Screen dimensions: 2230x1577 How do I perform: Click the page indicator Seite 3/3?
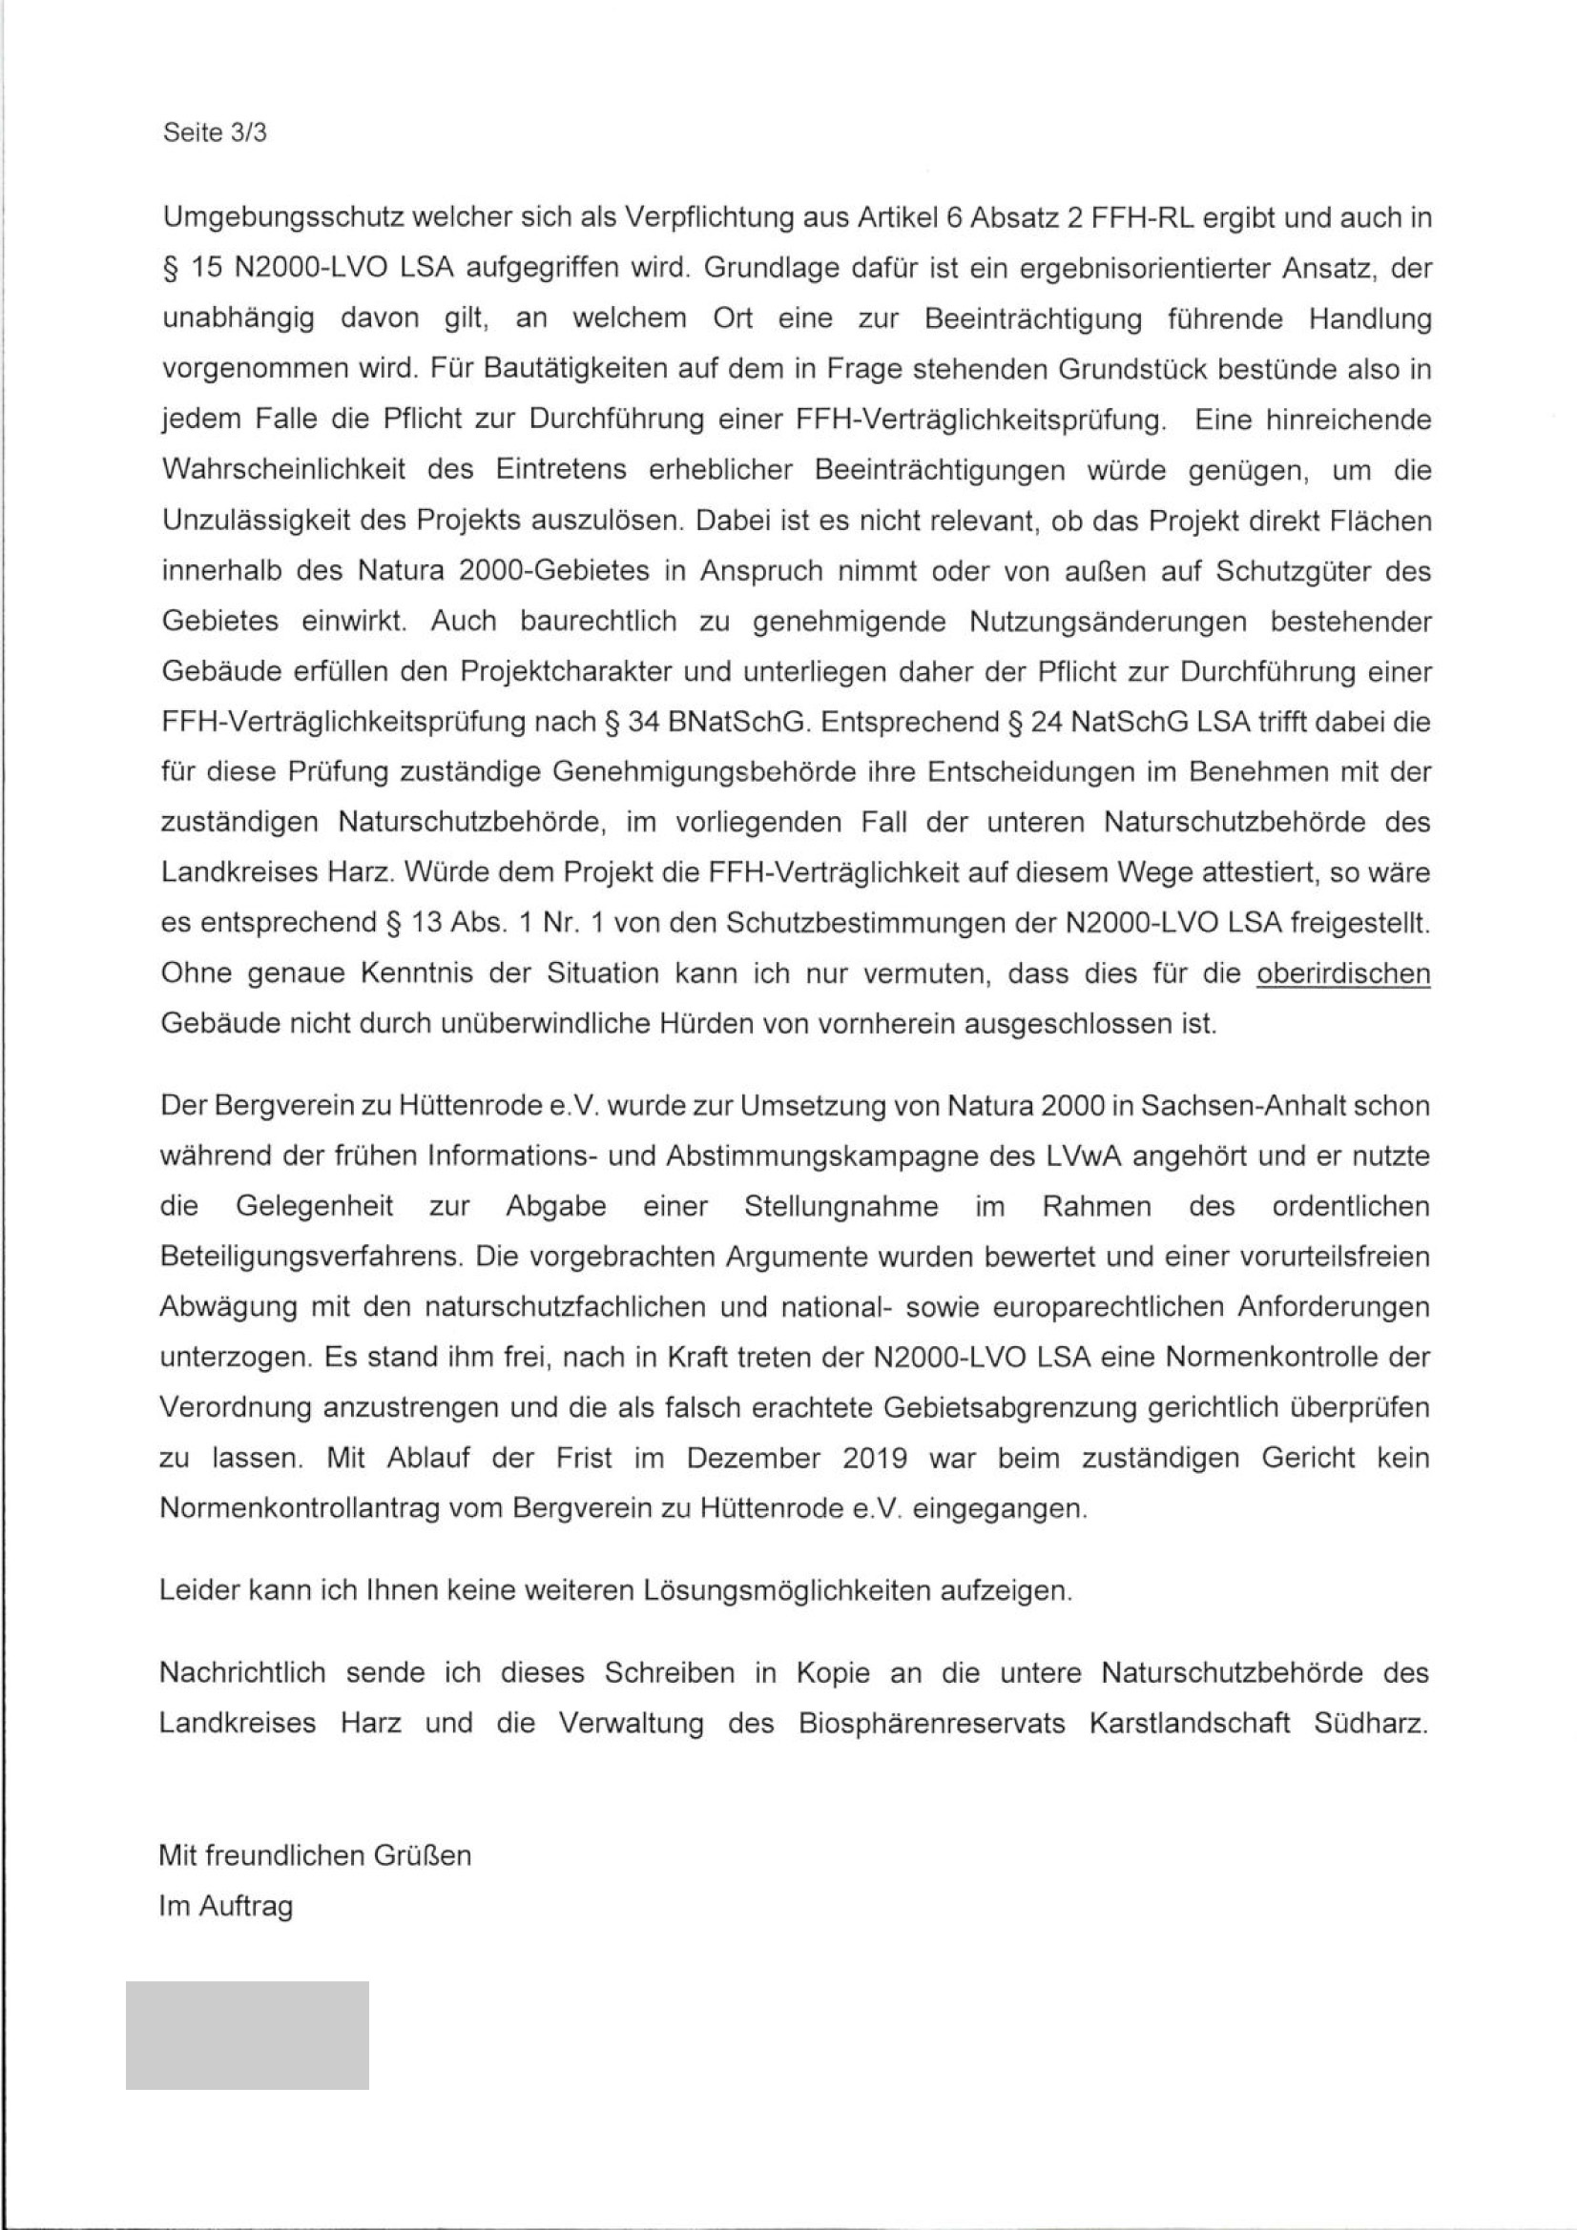point(215,133)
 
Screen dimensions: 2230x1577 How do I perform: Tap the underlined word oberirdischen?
point(1343,973)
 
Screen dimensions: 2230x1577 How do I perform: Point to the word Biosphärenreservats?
point(932,1723)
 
